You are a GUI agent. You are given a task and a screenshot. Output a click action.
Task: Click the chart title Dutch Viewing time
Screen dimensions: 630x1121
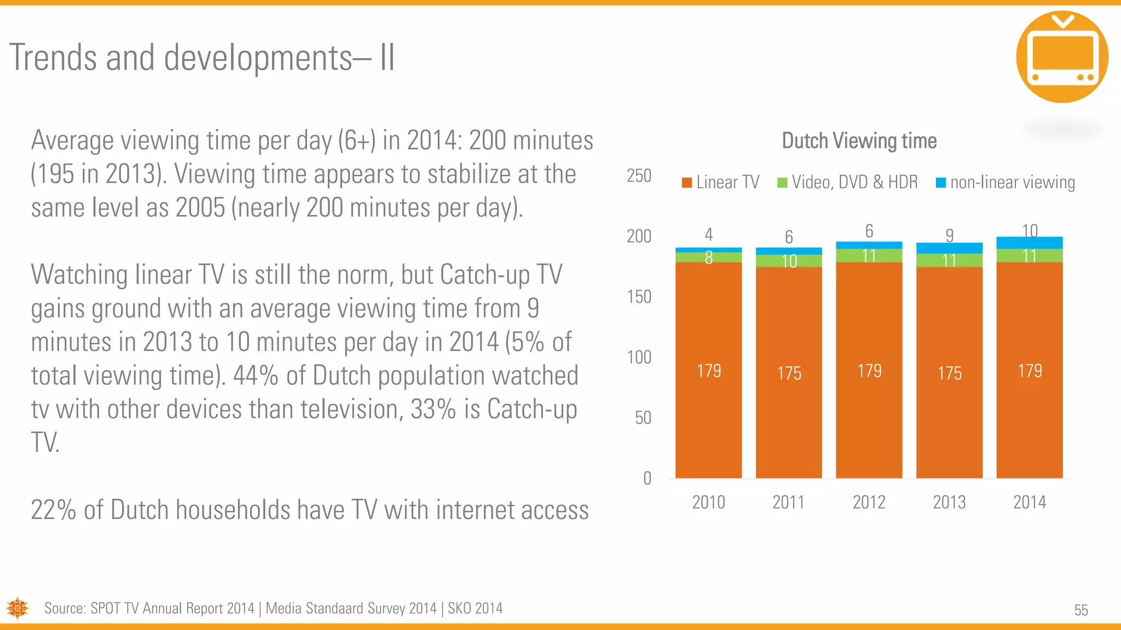point(859,141)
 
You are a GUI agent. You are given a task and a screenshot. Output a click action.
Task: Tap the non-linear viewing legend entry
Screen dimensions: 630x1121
point(1006,182)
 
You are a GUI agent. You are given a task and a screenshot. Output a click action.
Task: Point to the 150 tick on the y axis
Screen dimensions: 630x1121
point(639,297)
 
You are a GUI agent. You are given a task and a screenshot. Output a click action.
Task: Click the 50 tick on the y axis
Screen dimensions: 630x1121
point(643,418)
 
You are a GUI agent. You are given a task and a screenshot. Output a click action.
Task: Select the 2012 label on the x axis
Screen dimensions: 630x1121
point(869,502)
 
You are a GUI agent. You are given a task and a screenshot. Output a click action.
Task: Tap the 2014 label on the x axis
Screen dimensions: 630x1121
point(1029,502)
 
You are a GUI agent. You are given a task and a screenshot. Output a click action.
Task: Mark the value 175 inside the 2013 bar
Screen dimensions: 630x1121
point(949,374)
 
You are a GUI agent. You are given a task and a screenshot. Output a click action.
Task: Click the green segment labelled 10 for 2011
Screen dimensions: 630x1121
point(789,261)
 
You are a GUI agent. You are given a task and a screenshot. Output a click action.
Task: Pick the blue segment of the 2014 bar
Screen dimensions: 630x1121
point(1029,243)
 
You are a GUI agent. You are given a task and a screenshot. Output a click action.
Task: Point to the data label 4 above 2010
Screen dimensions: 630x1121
point(708,235)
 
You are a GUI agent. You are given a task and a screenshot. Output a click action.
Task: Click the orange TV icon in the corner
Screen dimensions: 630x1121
point(1061,57)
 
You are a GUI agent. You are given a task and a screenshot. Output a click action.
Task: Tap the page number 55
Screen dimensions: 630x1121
point(1080,610)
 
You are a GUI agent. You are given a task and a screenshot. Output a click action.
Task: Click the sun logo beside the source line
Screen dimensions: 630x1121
point(18,608)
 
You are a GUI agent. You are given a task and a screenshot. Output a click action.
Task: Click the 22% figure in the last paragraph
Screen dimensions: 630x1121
point(53,510)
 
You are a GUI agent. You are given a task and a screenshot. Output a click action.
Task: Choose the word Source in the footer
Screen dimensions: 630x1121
point(65,609)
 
